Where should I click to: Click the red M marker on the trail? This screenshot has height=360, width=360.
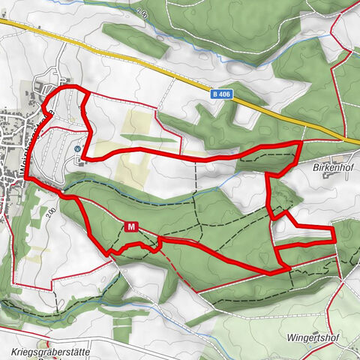pos(132,226)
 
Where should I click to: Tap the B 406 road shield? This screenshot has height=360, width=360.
pos(220,94)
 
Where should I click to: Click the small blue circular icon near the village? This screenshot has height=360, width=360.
pos(77,148)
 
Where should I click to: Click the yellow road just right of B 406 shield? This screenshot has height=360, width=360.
pos(247,104)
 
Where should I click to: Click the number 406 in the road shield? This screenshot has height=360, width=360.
pos(223,94)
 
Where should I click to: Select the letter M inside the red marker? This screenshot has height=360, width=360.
pos(132,226)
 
